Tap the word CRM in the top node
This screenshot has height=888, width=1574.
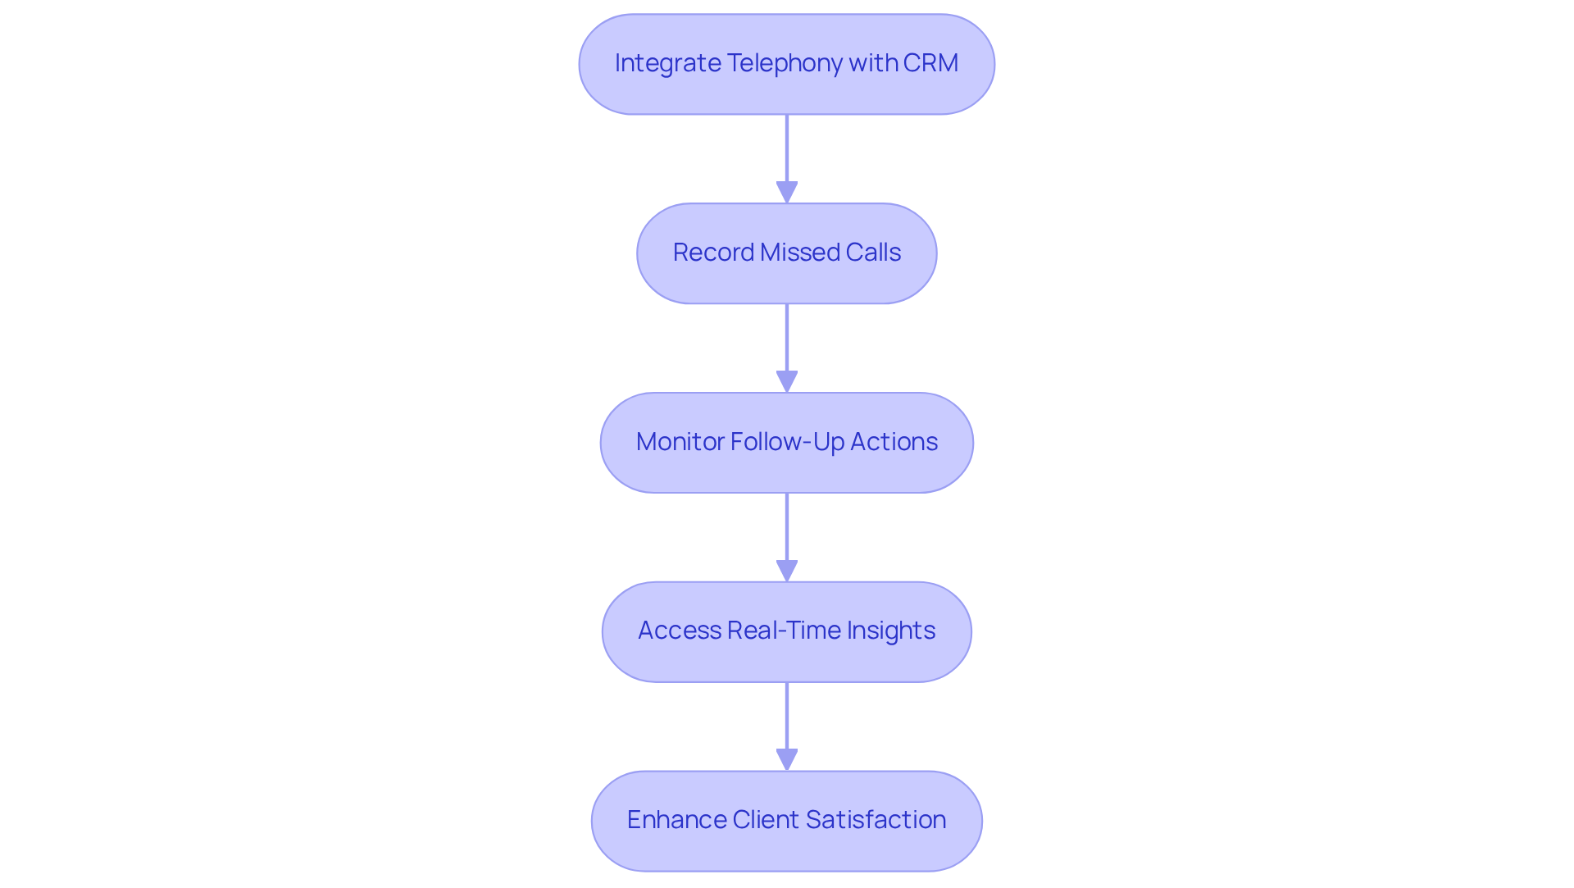(x=930, y=63)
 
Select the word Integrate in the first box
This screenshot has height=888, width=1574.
(x=667, y=63)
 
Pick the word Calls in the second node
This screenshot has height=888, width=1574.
(x=873, y=253)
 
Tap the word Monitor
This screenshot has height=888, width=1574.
(x=679, y=442)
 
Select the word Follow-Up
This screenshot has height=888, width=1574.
(x=787, y=442)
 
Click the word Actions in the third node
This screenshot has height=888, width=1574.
(x=894, y=442)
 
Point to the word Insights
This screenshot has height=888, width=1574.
(x=890, y=631)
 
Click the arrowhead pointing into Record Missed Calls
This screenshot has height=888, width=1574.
(x=787, y=193)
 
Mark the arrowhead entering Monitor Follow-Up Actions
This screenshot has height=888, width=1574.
(x=787, y=382)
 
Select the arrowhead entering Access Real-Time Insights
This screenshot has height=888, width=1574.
(x=787, y=572)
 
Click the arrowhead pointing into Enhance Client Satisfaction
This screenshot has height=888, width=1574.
(x=787, y=760)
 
